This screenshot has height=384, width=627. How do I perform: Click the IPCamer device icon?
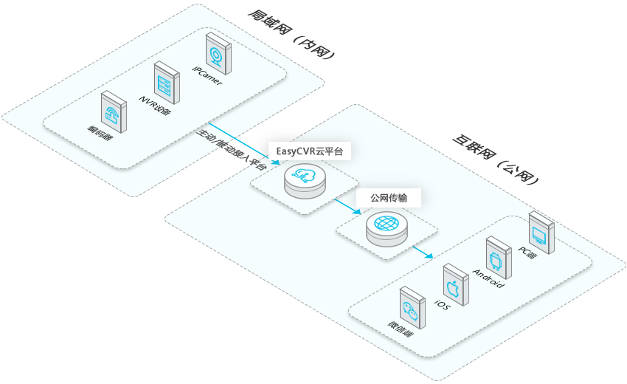click(x=216, y=52)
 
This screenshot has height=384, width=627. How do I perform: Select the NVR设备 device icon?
click(x=165, y=83)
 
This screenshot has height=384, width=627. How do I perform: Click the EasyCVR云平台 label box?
click(x=310, y=151)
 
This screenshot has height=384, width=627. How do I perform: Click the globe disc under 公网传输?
click(x=387, y=227)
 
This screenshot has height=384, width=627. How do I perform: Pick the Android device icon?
click(x=496, y=258)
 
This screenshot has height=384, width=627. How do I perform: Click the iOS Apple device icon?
click(x=453, y=285)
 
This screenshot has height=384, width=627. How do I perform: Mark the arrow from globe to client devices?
click(x=423, y=252)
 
